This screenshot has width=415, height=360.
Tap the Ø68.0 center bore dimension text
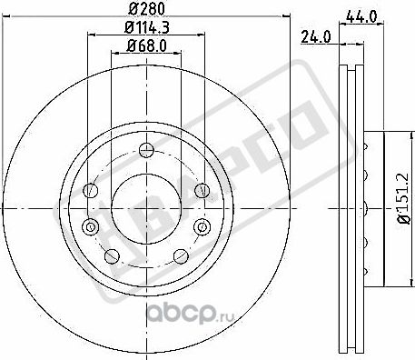point(146,45)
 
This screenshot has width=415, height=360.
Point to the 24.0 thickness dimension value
point(314,37)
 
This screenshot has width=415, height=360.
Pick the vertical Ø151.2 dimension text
point(400,207)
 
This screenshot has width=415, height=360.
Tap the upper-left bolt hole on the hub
point(90,191)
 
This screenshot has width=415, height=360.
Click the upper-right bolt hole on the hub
point(202,191)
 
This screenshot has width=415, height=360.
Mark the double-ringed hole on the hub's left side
point(88,226)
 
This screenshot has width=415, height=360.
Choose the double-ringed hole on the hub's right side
point(203,226)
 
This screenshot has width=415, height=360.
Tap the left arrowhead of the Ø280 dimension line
point(6,17)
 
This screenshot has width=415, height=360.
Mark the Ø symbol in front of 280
point(133,9)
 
